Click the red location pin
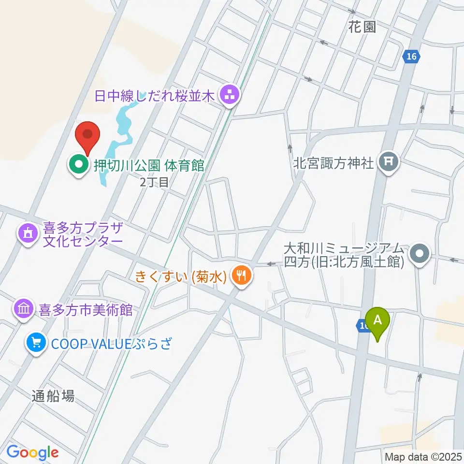[88, 135]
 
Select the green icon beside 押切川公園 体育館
[77, 165]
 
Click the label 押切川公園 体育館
[148, 165]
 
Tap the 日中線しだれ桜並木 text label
[154, 96]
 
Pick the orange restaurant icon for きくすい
[242, 276]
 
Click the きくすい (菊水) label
[181, 277]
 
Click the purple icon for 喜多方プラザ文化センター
[28, 234]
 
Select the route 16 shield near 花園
[410, 57]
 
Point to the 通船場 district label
[53, 396]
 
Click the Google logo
[32, 452]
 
